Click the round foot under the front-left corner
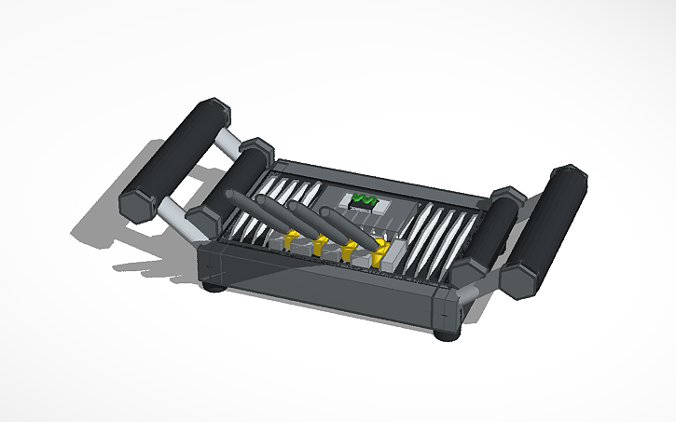tap(214, 286)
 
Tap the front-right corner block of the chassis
tap(446, 307)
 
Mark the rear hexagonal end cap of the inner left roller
tap(256, 148)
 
